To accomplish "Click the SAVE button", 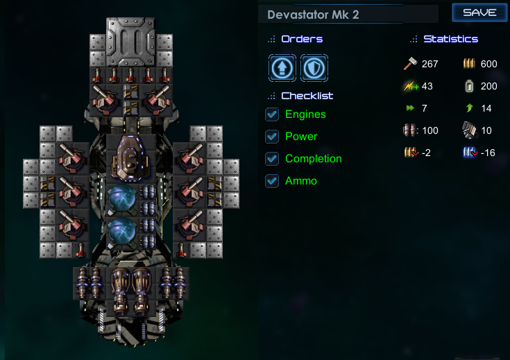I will click(x=479, y=12).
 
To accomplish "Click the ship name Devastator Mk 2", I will click(x=313, y=15).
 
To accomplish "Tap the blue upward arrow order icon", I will click(x=282, y=67).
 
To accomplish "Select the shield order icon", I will click(x=314, y=67).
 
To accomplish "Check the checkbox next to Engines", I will click(x=273, y=114).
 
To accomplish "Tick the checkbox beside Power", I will click(x=273, y=137).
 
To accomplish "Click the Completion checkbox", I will click(x=273, y=159).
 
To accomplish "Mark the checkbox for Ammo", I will click(x=273, y=181).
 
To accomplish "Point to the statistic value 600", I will click(x=488, y=65).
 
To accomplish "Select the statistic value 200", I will click(x=488, y=87).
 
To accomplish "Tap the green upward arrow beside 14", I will click(x=470, y=108).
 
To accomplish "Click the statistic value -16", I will click(x=488, y=153).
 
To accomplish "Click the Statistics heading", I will click(x=450, y=39).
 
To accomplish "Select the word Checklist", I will click(x=307, y=96).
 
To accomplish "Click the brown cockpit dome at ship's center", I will click(x=130, y=155).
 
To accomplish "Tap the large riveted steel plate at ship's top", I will click(x=130, y=41).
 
